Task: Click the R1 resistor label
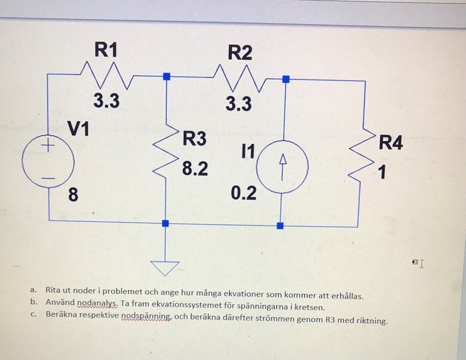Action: click(x=106, y=51)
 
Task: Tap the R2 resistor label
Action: click(x=239, y=53)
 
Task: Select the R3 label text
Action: click(x=195, y=139)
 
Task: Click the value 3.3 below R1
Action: click(x=107, y=101)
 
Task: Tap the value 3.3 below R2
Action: click(x=239, y=104)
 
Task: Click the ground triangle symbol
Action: click(x=166, y=267)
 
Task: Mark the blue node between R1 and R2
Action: click(x=167, y=76)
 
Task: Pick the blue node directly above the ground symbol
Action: click(x=166, y=223)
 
